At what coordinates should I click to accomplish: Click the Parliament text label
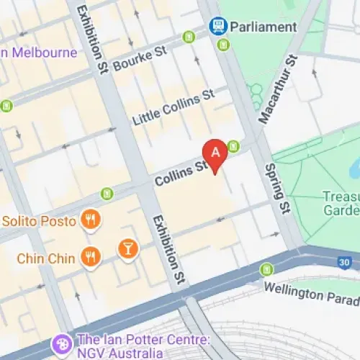264,27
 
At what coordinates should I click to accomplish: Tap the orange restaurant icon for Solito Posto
90,219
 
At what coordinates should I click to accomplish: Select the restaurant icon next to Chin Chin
90,256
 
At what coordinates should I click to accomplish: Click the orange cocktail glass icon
127,249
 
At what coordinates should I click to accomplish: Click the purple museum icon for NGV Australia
60,345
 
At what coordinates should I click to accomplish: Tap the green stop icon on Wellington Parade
266,269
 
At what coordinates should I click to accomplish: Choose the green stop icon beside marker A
233,147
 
